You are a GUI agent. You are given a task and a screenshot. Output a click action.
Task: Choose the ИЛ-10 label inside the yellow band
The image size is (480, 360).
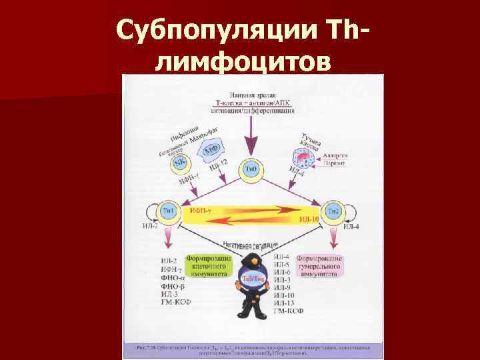click(x=307, y=219)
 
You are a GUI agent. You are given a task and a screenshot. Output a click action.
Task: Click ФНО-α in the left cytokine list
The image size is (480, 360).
click(x=174, y=277)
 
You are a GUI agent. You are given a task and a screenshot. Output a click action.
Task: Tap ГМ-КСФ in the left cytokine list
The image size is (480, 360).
click(x=177, y=303)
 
